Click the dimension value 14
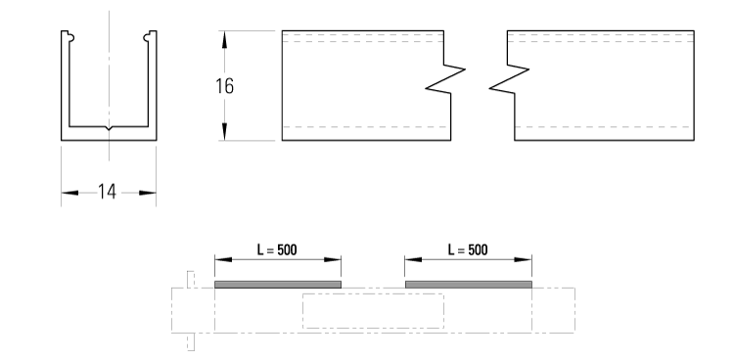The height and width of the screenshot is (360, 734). point(108,192)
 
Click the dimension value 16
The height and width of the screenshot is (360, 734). point(224,85)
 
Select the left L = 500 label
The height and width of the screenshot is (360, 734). point(277,249)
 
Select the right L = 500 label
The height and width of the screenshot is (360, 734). point(468,249)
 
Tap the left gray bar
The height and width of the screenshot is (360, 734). point(278,284)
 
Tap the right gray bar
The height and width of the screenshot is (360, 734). point(468,284)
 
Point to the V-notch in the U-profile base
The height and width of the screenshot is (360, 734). point(109,129)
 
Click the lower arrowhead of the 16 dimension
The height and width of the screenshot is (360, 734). point(225,134)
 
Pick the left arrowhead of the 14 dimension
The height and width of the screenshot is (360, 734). point(68,192)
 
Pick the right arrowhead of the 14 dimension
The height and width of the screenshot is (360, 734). point(150,192)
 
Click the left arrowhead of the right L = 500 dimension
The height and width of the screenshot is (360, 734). point(411,260)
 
